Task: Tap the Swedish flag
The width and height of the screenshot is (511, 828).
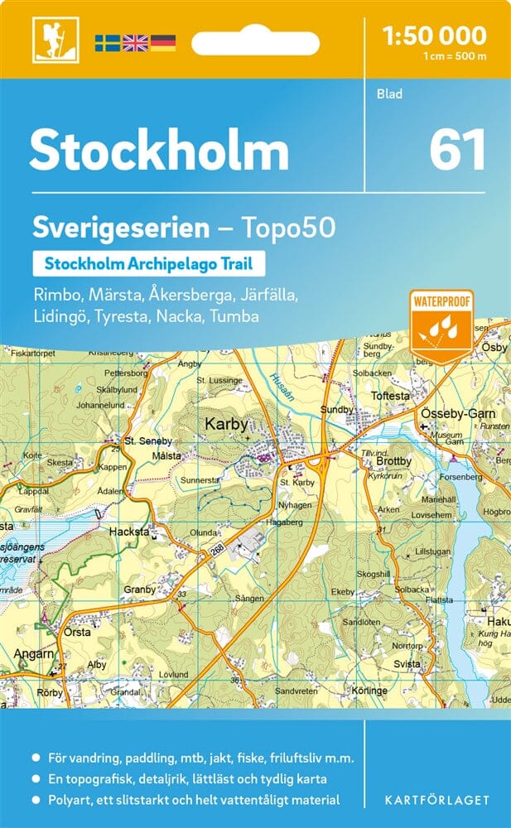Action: pyautogui.click(x=107, y=42)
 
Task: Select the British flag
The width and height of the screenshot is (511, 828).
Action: pyautogui.click(x=135, y=42)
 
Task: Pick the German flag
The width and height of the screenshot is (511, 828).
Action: pyautogui.click(x=163, y=42)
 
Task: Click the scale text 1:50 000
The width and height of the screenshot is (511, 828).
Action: pyautogui.click(x=433, y=35)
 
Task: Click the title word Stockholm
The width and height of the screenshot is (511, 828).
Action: pyautogui.click(x=159, y=152)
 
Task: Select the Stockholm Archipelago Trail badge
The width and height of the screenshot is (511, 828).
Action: pyautogui.click(x=148, y=264)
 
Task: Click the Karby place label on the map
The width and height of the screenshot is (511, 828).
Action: pyautogui.click(x=226, y=425)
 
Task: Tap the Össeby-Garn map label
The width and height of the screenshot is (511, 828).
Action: pyautogui.click(x=456, y=413)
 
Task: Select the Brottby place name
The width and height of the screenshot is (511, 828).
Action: pyautogui.click(x=393, y=461)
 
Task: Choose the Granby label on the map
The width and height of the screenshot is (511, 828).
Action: pyautogui.click(x=139, y=590)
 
